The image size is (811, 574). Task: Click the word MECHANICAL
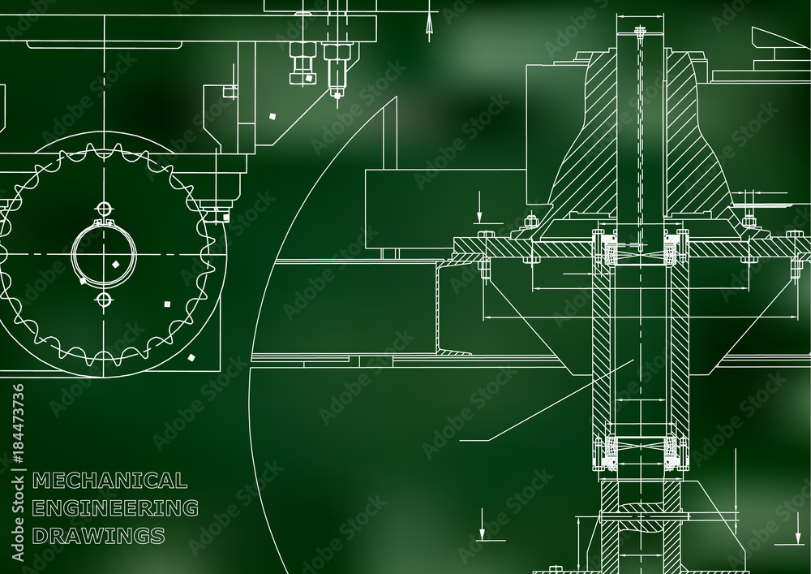[x=109, y=481]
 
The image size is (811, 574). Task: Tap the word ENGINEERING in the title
[x=115, y=507]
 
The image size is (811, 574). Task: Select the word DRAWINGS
[x=98, y=535]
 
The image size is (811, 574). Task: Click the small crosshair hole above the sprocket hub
[x=105, y=209]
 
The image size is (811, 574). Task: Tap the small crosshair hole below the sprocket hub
[x=105, y=299]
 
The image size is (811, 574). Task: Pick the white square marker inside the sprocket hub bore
[x=116, y=264]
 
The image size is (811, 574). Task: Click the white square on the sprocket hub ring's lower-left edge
[x=82, y=281]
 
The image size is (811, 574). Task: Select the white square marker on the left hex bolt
[x=309, y=78]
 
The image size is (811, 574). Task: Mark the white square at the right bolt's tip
[x=337, y=95]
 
